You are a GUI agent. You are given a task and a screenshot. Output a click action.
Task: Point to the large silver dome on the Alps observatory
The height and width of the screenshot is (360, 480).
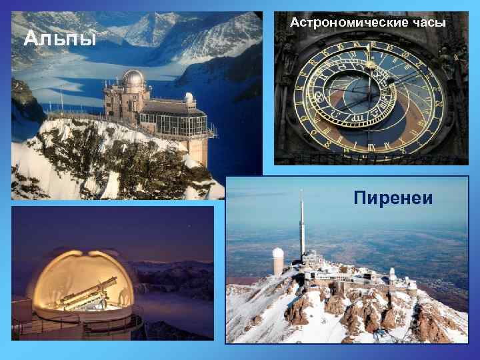(133, 79)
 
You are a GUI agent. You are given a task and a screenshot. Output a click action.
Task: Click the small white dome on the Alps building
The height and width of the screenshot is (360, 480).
(189, 98)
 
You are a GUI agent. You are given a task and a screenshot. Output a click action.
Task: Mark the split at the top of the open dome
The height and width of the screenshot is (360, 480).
(87, 252)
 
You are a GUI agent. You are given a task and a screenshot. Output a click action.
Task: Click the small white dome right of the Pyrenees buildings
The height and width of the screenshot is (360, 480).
(393, 273)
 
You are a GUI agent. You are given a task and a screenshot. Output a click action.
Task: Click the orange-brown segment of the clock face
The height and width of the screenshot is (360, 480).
(333, 117)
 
